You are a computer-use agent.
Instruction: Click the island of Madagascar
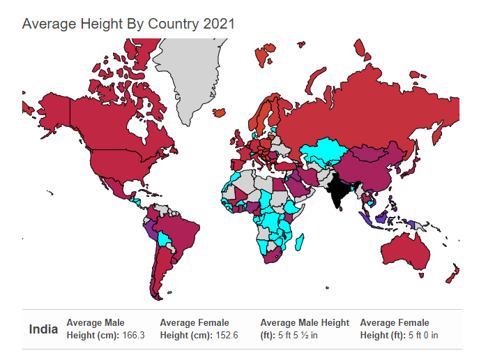click(x=300, y=241)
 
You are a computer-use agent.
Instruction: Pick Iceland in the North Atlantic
click(x=220, y=112)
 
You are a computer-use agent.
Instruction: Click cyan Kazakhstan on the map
click(x=324, y=151)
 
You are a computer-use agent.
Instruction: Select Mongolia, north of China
click(x=371, y=152)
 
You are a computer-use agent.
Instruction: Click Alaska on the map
click(x=52, y=113)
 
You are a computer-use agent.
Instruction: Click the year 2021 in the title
click(x=219, y=24)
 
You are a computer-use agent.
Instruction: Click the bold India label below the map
click(x=43, y=329)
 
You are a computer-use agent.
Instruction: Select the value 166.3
click(x=133, y=336)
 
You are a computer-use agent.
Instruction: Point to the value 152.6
click(x=227, y=336)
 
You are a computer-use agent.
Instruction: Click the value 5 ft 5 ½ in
click(x=298, y=336)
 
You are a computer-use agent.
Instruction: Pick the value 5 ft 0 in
click(x=423, y=336)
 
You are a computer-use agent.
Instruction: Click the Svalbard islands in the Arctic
click(x=264, y=54)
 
